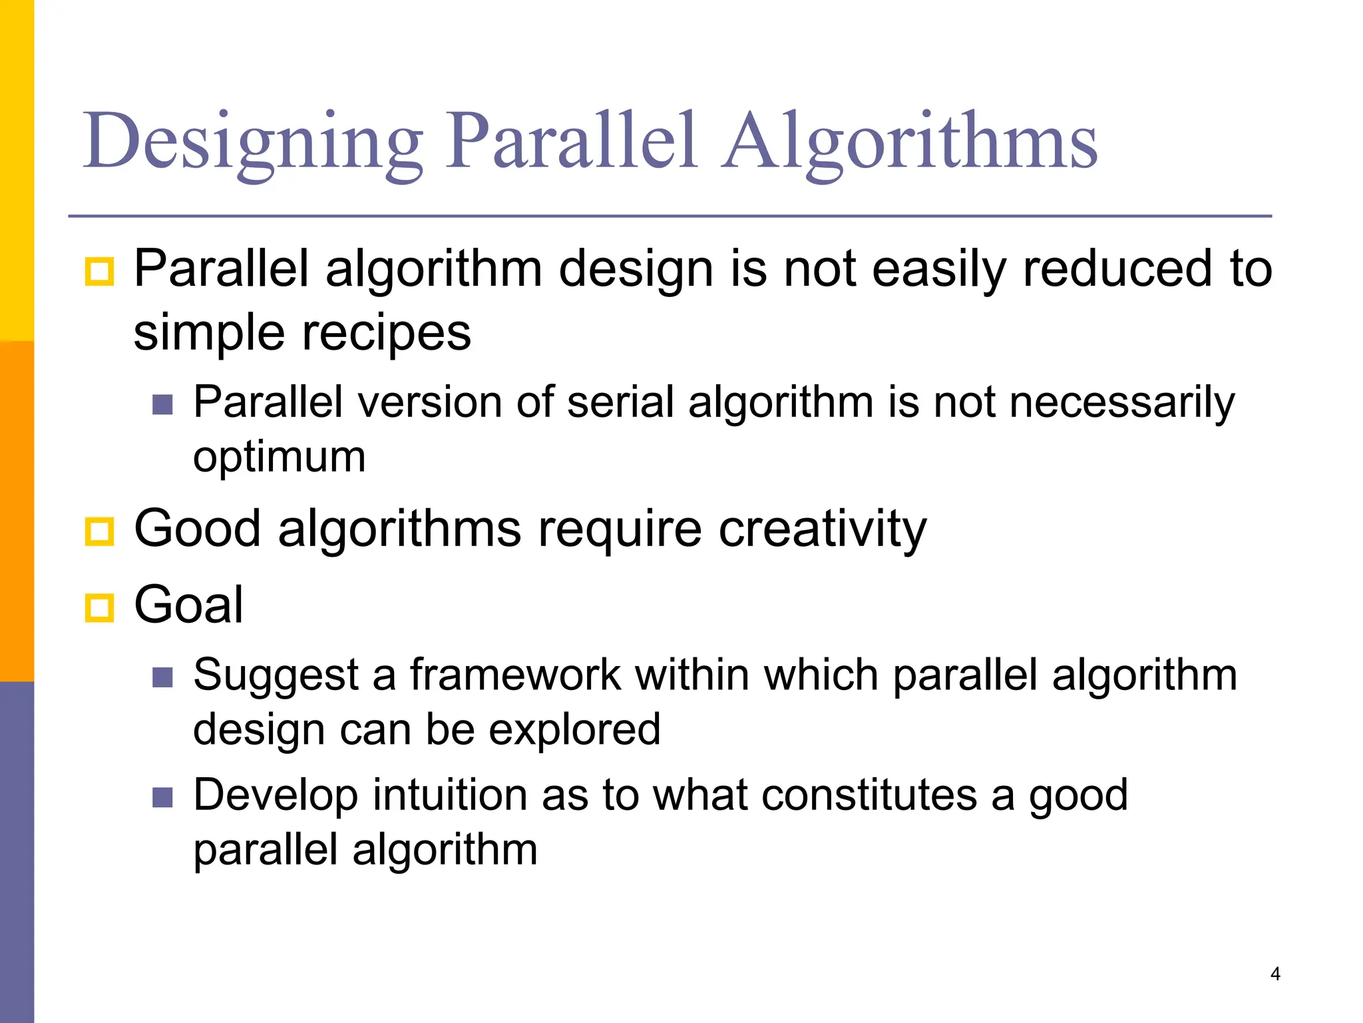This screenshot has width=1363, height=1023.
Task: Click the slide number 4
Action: click(1274, 974)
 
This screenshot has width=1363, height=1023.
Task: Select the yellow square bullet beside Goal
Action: click(100, 607)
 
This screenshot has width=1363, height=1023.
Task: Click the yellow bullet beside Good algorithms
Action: click(100, 531)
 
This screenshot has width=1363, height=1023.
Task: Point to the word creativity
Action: click(823, 529)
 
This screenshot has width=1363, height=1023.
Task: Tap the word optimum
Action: click(280, 457)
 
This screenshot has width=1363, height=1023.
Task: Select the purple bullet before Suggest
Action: click(162, 677)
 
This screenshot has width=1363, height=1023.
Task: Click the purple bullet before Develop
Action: click(162, 797)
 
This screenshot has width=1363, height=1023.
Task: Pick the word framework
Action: click(515, 675)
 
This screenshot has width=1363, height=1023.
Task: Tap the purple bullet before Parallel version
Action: click(162, 404)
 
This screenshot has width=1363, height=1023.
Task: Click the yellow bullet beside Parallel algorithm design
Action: click(100, 271)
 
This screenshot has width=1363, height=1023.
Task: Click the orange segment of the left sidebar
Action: click(17, 511)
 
